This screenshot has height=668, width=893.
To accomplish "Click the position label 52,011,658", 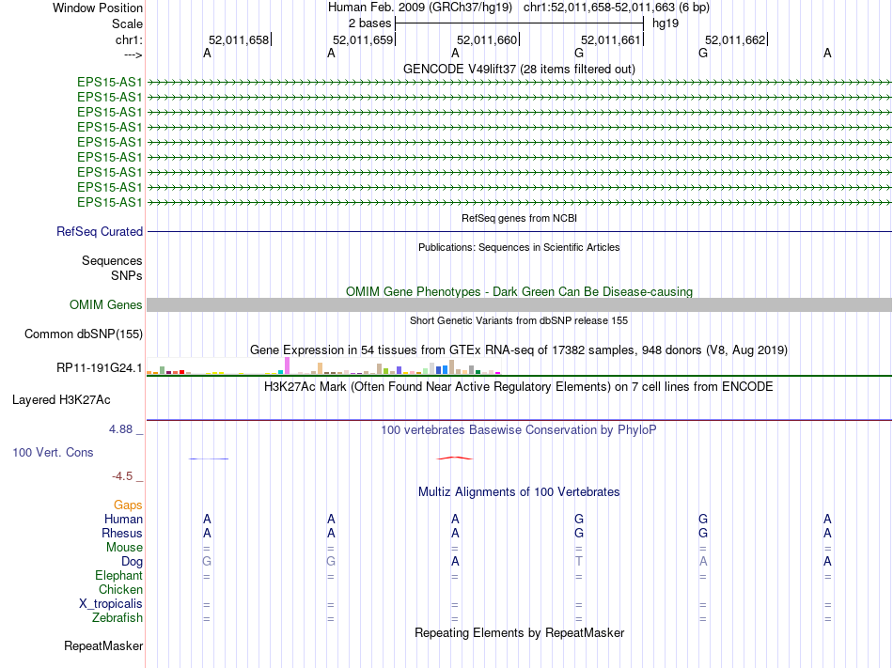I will click(239, 39).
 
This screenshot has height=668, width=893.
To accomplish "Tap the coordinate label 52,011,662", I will click(735, 39).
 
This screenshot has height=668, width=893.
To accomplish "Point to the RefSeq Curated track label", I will click(100, 231).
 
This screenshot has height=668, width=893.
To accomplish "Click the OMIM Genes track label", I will click(106, 304).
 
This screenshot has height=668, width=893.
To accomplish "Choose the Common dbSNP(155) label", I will click(84, 334).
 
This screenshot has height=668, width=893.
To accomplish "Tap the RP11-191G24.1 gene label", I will click(100, 367).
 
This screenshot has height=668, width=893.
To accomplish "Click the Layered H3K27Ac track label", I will click(61, 399).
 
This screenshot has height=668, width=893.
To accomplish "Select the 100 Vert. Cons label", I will click(53, 452).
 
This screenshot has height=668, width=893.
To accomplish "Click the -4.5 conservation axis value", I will click(123, 476).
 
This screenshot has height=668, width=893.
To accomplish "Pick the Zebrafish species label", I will click(117, 617).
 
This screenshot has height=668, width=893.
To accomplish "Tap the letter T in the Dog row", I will click(579, 561).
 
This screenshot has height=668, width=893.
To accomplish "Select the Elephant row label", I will click(118, 575).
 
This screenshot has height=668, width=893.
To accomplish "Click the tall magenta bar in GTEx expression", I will click(287, 365).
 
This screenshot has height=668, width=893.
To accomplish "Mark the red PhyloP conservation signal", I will click(455, 458).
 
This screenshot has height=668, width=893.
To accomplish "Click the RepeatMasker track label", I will click(103, 645).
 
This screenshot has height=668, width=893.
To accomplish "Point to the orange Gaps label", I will click(128, 505).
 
